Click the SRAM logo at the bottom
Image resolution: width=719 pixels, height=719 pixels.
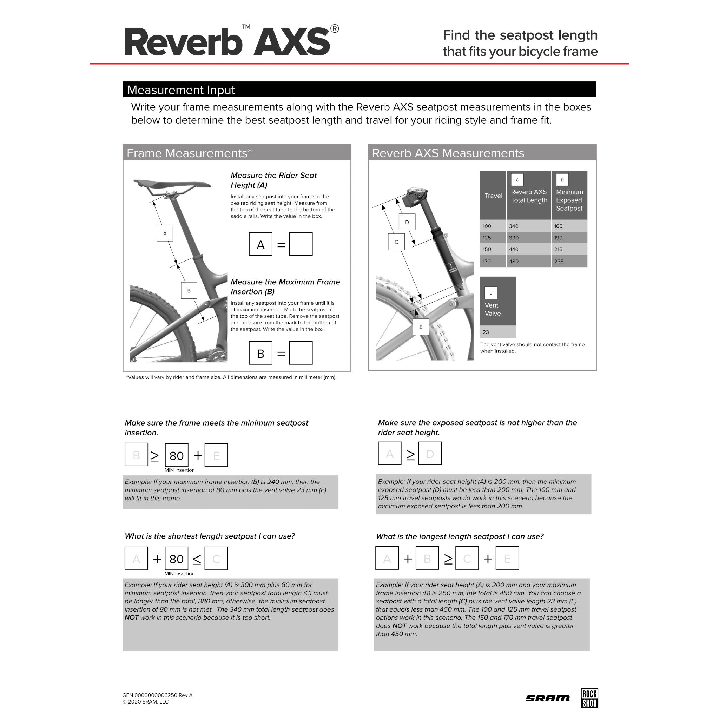(547, 698)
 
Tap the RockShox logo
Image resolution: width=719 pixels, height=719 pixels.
(589, 698)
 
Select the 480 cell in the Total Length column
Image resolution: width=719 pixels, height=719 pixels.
(514, 262)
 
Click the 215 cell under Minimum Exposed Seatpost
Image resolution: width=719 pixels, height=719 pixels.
(558, 249)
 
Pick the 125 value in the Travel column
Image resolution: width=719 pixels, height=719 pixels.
(487, 238)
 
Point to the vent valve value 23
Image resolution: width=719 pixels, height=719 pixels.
(486, 332)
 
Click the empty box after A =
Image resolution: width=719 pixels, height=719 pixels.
(301, 244)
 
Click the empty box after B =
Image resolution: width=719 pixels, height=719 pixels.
(301, 353)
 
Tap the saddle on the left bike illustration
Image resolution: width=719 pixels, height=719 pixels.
(172, 184)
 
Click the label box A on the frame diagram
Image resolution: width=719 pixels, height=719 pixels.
(165, 233)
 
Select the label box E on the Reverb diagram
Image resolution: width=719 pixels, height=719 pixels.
(421, 327)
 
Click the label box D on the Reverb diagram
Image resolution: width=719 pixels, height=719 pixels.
(407, 222)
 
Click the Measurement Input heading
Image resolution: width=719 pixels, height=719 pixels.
(181, 90)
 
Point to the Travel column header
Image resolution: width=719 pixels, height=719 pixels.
(493, 196)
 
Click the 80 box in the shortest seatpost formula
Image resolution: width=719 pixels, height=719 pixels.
(176, 559)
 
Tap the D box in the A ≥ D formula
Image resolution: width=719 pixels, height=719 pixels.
(430, 454)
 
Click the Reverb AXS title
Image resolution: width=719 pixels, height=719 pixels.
(227, 42)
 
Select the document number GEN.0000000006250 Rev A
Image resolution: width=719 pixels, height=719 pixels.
(157, 695)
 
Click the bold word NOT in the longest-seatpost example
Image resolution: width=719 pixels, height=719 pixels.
(399, 626)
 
